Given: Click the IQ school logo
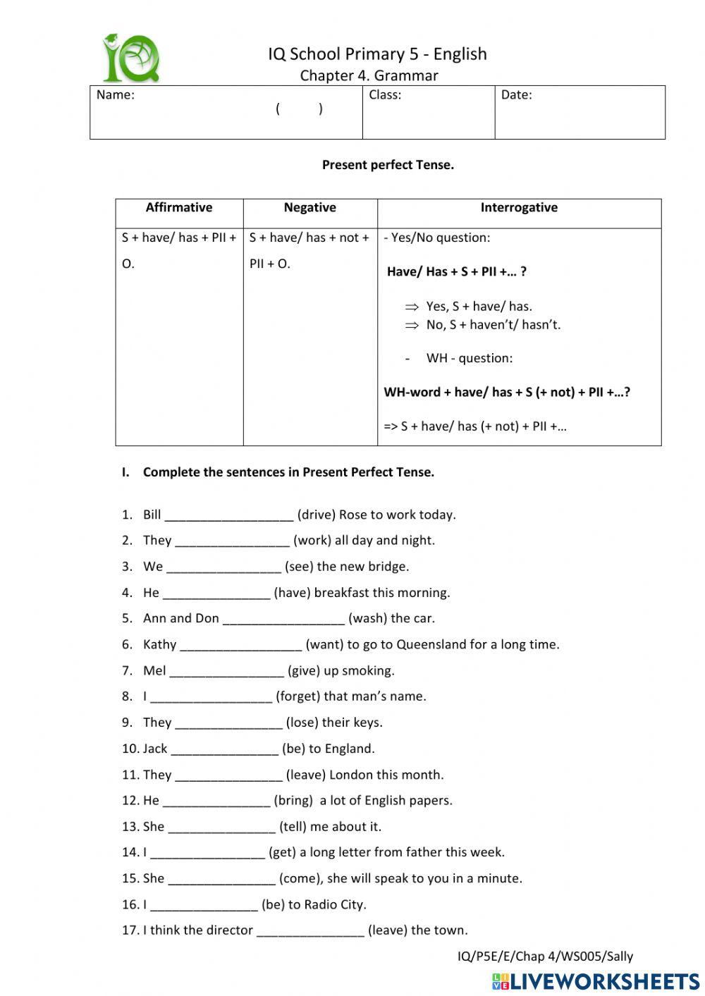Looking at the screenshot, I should click(132, 59).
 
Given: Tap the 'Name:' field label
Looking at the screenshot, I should click(115, 95).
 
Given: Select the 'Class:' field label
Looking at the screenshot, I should click(385, 95).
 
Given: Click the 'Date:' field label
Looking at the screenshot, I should click(516, 95).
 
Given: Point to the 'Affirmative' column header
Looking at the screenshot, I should click(179, 207).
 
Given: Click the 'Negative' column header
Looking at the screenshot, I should click(309, 207).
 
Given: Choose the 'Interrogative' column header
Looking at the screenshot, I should click(519, 207).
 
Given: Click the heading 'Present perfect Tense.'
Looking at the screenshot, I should click(388, 165).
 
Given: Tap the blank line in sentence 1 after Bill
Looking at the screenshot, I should click(228, 516).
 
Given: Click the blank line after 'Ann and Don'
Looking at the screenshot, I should click(283, 620).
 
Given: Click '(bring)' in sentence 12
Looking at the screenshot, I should click(293, 801).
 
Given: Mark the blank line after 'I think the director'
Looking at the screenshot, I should click(310, 932).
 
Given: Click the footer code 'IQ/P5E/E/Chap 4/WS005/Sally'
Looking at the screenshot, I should click(545, 957).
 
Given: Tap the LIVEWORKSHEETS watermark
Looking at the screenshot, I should click(596, 981).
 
